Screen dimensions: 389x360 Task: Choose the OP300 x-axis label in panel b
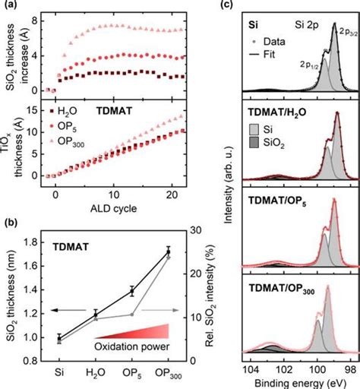pos(168,373)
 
